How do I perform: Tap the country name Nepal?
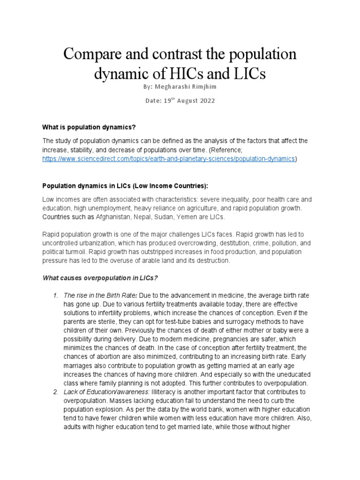(151, 217)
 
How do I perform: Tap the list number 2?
(55, 391)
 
